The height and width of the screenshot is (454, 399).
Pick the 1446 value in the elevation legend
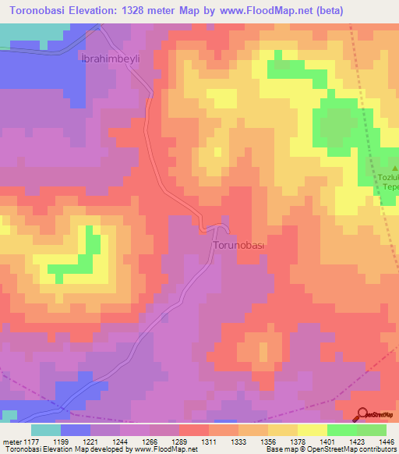tap(384, 441)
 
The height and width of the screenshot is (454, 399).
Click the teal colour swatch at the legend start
tap(46, 430)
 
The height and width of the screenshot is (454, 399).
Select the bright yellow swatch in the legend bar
tap(312, 430)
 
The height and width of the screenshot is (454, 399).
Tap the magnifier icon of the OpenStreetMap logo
tap(362, 415)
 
